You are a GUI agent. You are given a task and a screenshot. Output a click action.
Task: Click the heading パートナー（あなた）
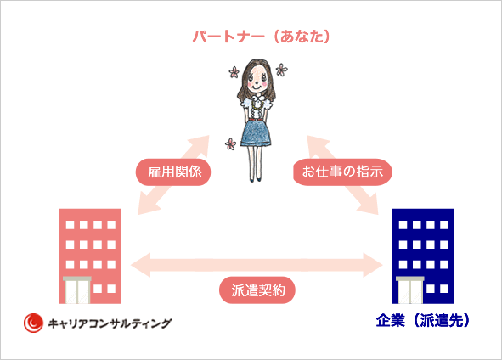click(261, 37)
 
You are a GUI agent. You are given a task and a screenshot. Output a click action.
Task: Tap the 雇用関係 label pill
click(173, 172)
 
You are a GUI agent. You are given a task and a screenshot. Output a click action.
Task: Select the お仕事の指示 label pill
click(342, 172)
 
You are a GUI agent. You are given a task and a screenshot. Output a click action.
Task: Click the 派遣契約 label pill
click(257, 290)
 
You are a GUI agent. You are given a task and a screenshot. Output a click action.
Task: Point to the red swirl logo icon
click(33, 323)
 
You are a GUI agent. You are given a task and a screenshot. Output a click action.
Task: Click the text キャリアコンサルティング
click(110, 323)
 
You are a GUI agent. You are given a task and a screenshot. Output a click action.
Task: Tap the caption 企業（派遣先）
click(423, 320)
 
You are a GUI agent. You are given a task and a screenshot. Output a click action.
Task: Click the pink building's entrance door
click(76, 290)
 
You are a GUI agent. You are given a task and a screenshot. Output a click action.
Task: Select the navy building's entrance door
click(409, 290)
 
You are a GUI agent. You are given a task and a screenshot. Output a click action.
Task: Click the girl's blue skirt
click(256, 133)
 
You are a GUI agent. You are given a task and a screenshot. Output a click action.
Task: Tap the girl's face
click(257, 79)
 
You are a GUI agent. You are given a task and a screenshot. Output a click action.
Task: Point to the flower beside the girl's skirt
click(230, 144)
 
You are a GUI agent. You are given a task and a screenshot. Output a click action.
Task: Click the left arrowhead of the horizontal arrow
click(140, 265)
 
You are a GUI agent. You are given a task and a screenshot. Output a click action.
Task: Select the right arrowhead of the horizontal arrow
click(373, 265)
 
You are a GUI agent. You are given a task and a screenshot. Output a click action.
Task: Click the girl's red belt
click(255, 120)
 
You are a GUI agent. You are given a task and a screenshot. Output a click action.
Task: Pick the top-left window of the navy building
click(403, 225)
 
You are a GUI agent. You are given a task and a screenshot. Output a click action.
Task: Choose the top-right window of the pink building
click(111, 225)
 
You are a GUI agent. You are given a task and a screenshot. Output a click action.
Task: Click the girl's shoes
click(255, 180)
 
